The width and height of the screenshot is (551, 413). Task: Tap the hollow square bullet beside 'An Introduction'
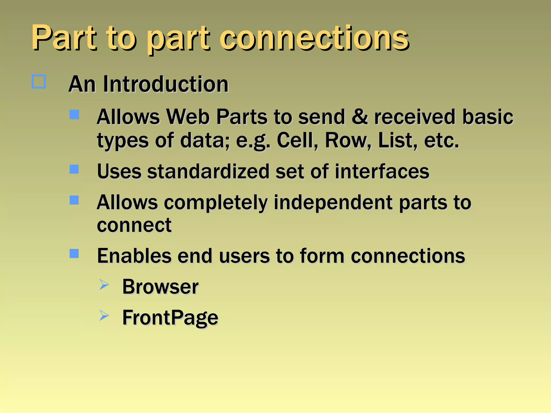[x=39, y=81]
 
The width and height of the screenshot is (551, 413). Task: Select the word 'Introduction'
[x=166, y=84]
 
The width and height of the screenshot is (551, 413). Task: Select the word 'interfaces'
[x=382, y=171]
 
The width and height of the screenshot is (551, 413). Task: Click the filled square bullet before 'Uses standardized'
[x=74, y=169]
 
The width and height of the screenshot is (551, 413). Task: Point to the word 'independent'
[x=333, y=202]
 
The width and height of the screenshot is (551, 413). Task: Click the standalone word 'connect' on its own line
[x=134, y=225]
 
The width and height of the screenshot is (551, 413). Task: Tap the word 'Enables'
[x=134, y=256]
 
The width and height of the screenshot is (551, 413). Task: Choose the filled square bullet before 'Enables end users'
[x=74, y=254]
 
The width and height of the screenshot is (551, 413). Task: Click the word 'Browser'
[x=160, y=287]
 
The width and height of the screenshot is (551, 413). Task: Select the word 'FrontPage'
[x=170, y=318]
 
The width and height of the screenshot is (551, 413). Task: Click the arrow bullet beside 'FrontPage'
[x=104, y=315]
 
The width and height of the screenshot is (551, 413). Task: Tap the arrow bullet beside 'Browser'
[x=104, y=284]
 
